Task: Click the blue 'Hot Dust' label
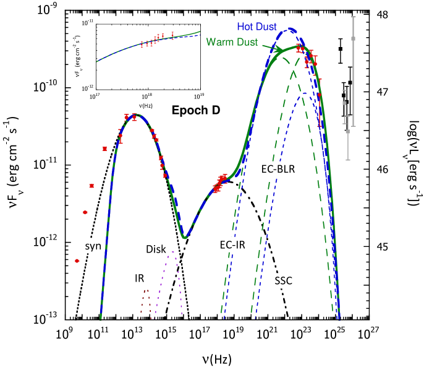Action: (257, 27)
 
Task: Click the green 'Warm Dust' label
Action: (231, 42)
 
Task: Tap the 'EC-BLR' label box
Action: (278, 169)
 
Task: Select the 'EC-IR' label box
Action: (232, 244)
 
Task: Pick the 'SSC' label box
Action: (283, 281)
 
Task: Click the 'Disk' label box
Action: (156, 249)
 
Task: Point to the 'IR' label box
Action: (140, 278)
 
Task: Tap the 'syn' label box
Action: (93, 246)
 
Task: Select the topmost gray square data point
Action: (354, 38)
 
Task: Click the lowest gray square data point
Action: (348, 131)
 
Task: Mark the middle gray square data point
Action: (345, 103)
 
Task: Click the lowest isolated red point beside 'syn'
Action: (77, 261)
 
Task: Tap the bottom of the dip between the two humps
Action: (184, 237)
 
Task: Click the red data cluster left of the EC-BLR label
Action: (220, 181)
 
